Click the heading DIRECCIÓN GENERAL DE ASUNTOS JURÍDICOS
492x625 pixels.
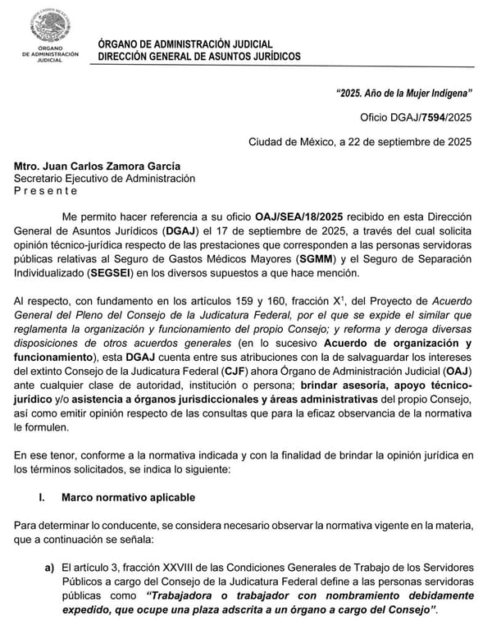coord(199,57)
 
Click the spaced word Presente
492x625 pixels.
coord(46,190)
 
